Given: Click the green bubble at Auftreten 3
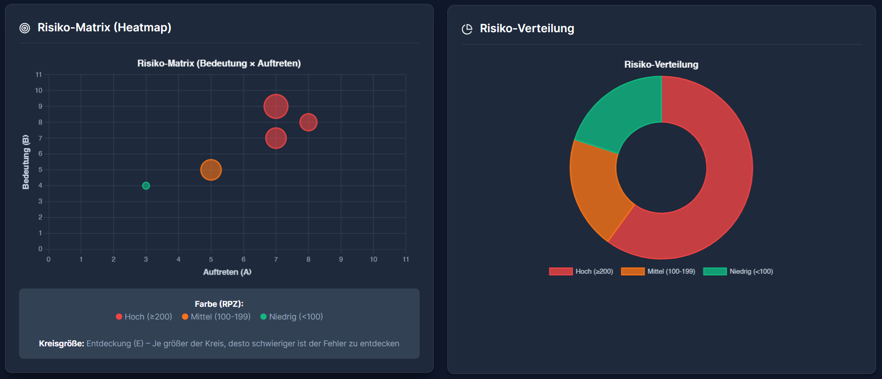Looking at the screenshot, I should click(x=146, y=186).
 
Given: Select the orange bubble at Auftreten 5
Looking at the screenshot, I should click(x=211, y=170).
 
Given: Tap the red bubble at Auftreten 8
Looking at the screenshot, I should click(x=309, y=122).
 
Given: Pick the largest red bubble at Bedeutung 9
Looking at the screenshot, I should click(x=276, y=106).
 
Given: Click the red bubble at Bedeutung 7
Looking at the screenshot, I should click(x=276, y=138).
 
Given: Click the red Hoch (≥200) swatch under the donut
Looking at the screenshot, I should click(x=561, y=271).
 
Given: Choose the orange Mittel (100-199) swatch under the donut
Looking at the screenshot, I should click(x=632, y=271).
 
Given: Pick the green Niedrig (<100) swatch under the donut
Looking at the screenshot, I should click(x=715, y=271).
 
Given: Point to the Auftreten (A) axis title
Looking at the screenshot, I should click(x=227, y=272).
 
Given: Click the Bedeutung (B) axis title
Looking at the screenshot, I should click(x=26, y=162).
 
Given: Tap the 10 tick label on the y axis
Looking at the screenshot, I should click(x=39, y=90).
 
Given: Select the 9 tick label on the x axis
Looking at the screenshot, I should click(x=341, y=259).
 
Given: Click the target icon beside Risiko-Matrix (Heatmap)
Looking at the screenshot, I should click(x=25, y=28).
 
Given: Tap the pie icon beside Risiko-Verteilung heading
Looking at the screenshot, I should click(x=467, y=29).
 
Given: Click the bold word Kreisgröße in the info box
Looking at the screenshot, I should click(x=61, y=344).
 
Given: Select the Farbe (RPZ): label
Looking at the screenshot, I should click(x=219, y=304).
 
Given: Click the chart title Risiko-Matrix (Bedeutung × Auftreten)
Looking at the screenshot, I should click(x=219, y=64).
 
